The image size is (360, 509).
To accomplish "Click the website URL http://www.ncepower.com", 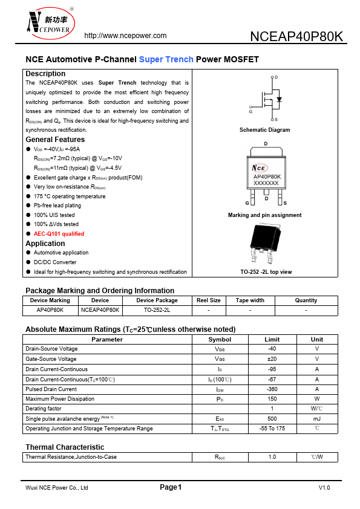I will (125, 36).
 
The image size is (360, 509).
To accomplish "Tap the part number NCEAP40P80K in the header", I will (296, 36).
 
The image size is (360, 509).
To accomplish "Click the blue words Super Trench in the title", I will (166, 60).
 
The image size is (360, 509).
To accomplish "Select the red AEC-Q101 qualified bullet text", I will (59, 233).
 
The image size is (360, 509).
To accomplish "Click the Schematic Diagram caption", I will (264, 130).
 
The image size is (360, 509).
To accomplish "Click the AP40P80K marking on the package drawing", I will (266, 177).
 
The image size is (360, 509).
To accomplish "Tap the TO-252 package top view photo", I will (266, 245).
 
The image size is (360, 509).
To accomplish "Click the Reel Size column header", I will (209, 300).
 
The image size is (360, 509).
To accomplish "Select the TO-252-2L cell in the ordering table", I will (157, 310).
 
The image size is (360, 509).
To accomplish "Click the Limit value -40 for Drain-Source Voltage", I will (272, 349).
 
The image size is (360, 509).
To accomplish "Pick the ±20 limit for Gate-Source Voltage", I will (272, 359).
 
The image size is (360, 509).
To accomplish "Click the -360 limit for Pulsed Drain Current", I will (272, 389).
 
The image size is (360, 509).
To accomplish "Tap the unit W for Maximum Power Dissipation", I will (317, 399).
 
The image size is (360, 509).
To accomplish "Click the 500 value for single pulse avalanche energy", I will (272, 418).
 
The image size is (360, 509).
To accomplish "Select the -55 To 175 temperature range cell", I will (272, 429).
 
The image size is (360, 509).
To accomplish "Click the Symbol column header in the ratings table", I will (220, 339).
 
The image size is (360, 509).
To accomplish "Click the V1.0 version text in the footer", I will (324, 488).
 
